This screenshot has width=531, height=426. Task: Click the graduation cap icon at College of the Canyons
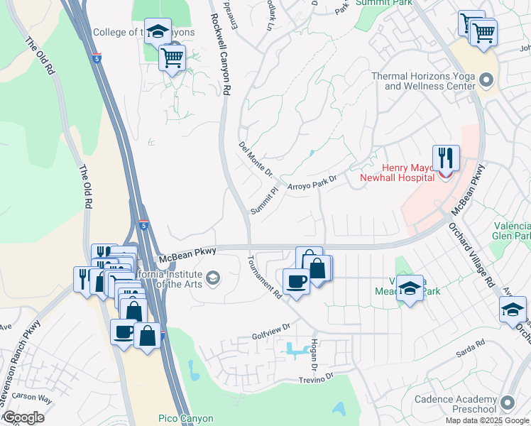(158, 31)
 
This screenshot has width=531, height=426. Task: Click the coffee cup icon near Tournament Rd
(296, 280)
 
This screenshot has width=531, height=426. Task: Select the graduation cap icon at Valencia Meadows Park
(410, 288)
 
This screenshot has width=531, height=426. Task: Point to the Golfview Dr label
(271, 327)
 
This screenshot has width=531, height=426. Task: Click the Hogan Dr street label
(313, 353)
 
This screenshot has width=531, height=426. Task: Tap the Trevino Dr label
(311, 377)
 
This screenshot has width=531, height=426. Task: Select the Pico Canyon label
(166, 419)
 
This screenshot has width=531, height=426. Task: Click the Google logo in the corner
(23, 417)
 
